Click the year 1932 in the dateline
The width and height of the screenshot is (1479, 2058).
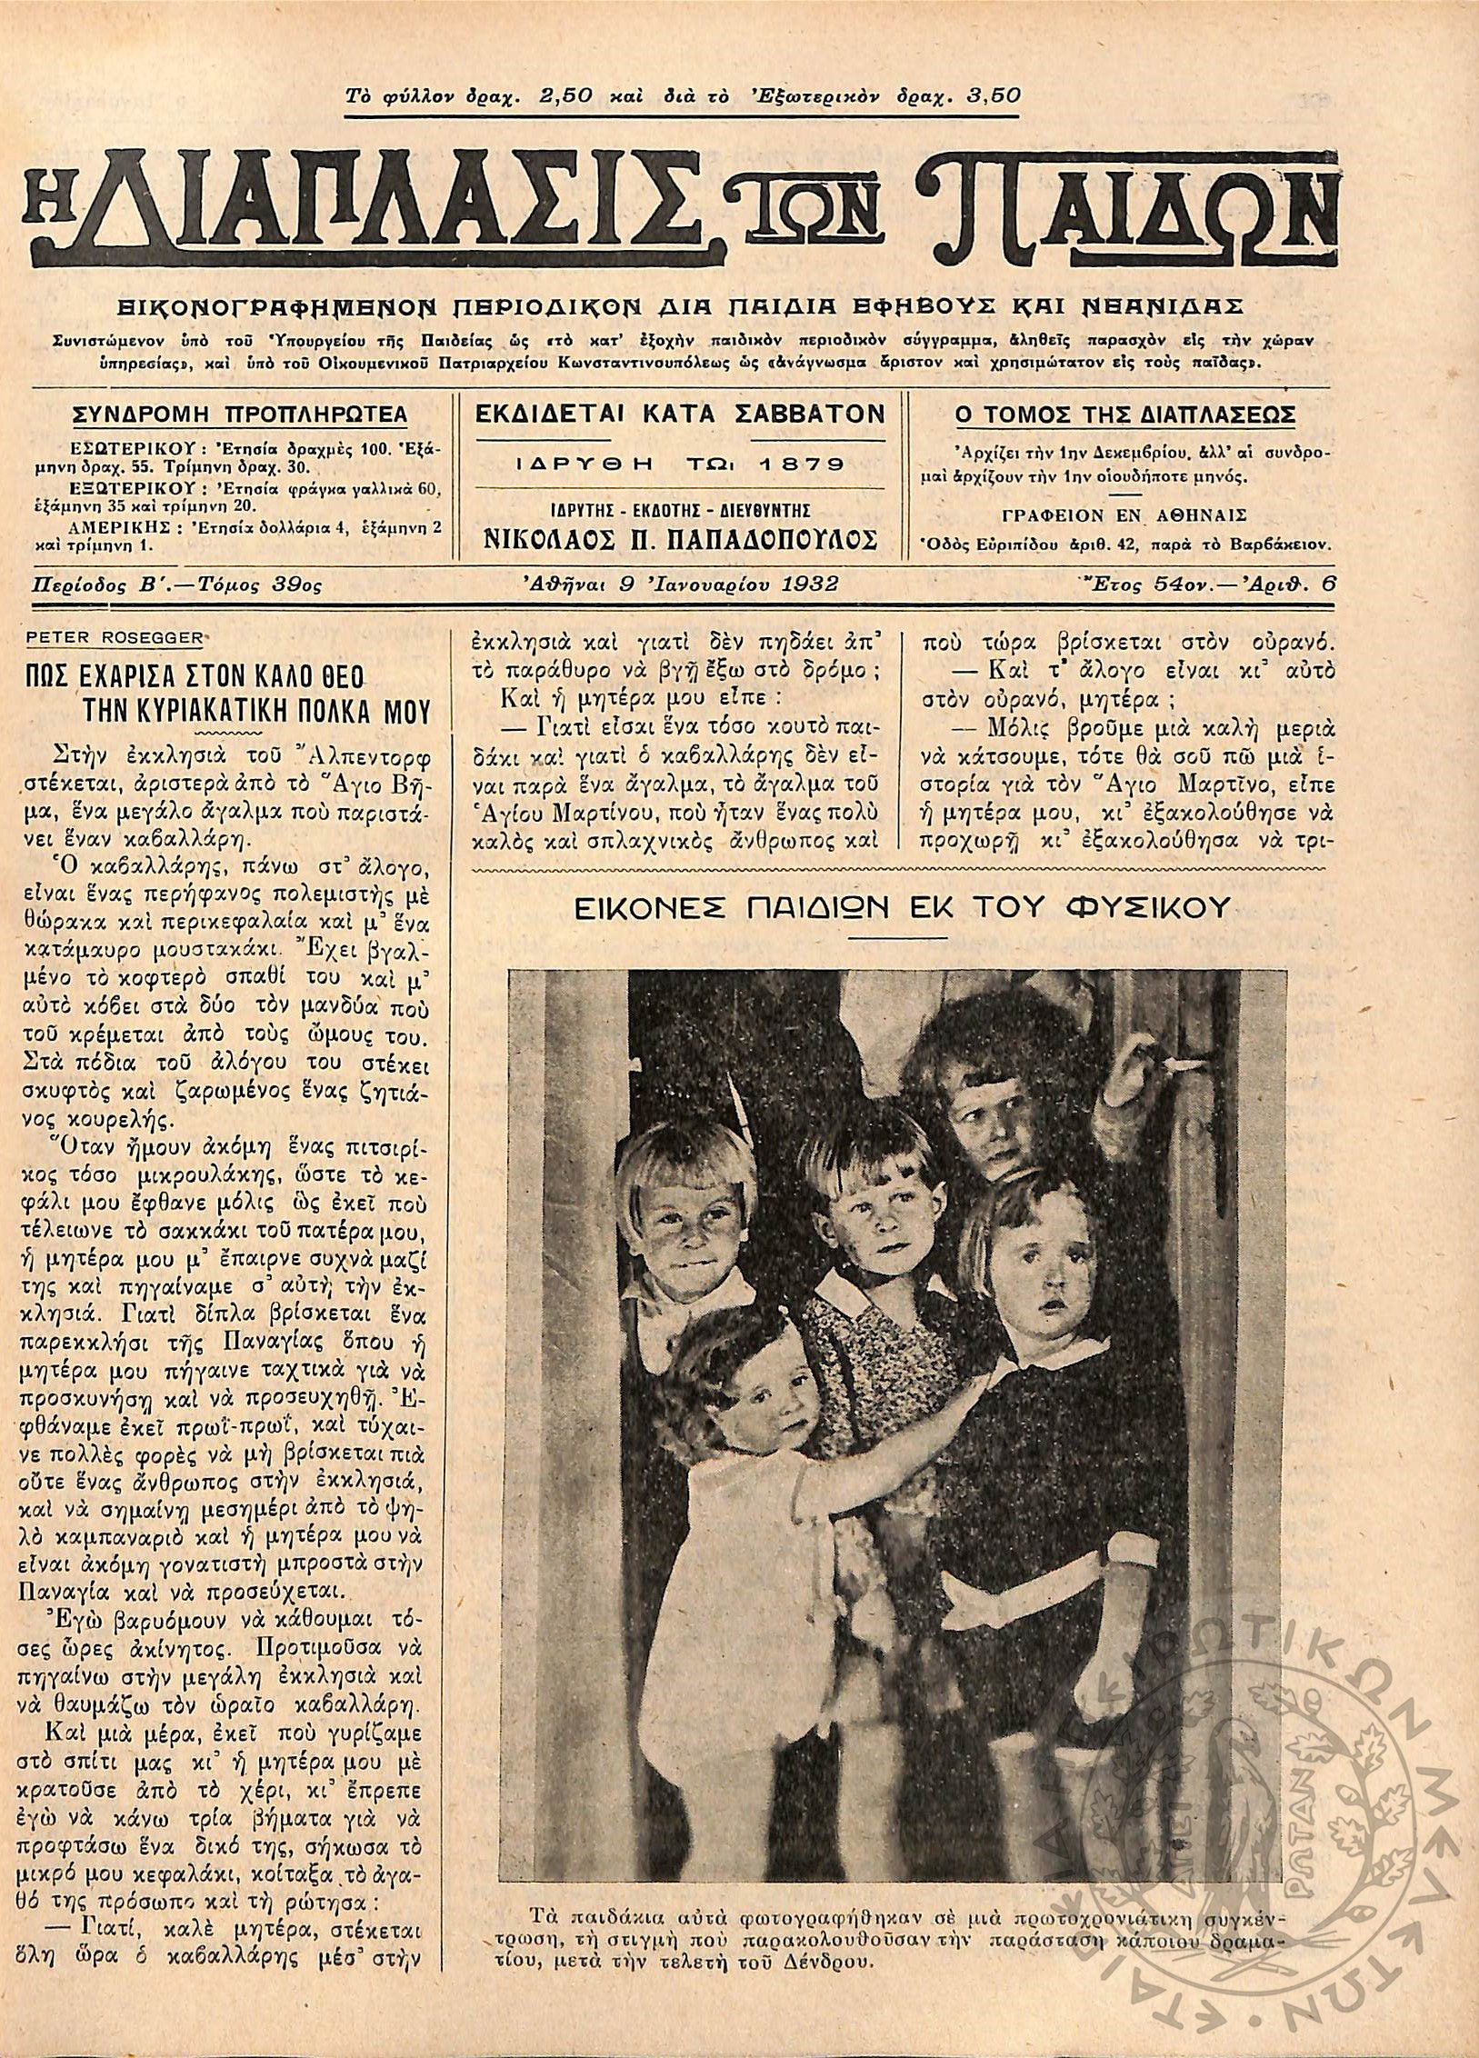807,584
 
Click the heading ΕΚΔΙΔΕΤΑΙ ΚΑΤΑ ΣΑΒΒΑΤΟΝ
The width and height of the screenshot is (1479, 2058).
680,414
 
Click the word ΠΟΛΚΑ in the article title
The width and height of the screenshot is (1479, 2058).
332,711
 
